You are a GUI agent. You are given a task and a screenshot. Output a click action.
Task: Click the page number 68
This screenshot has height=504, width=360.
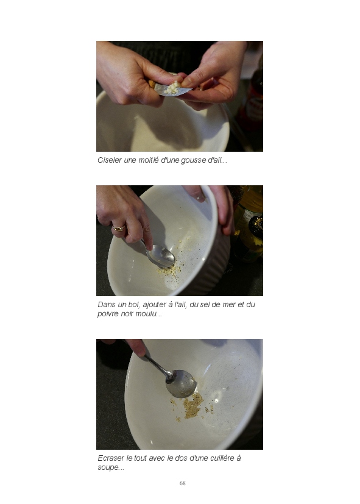click(x=182, y=483)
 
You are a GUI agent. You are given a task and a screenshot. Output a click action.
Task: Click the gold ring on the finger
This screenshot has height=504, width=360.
click(x=119, y=229)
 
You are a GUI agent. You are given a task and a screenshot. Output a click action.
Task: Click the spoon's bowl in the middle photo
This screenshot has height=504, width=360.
click(x=161, y=256)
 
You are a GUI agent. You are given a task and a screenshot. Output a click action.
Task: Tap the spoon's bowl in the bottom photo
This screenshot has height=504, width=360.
click(x=181, y=383)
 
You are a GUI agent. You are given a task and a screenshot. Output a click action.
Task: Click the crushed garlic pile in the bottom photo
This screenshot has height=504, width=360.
click(x=192, y=406)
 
